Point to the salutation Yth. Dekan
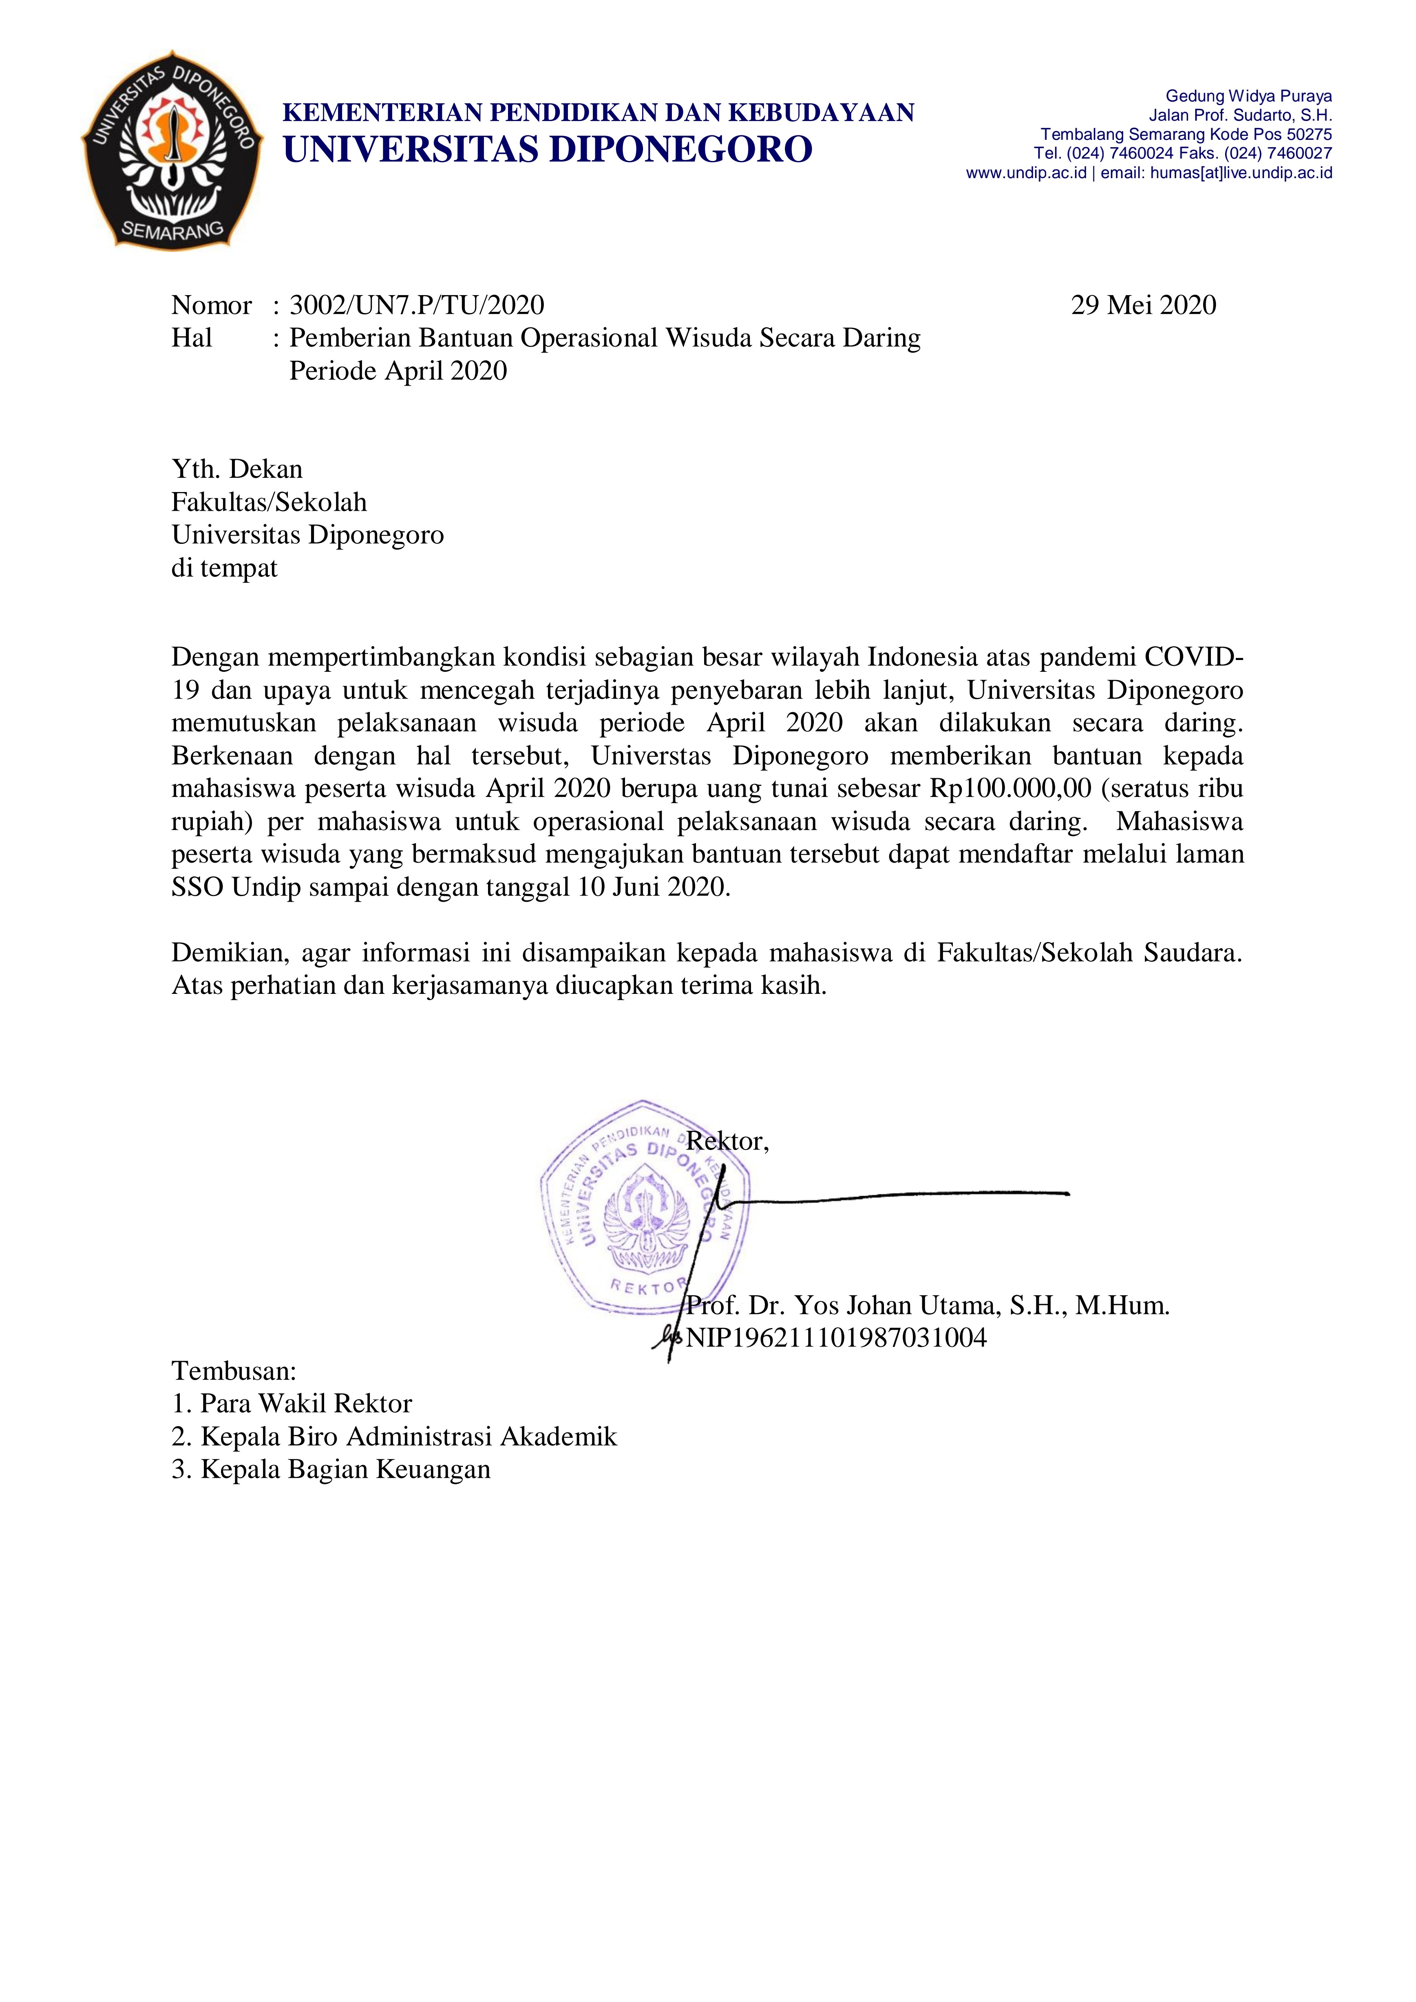click(237, 469)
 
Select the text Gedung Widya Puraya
click(1248, 96)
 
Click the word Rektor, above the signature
click(727, 1141)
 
